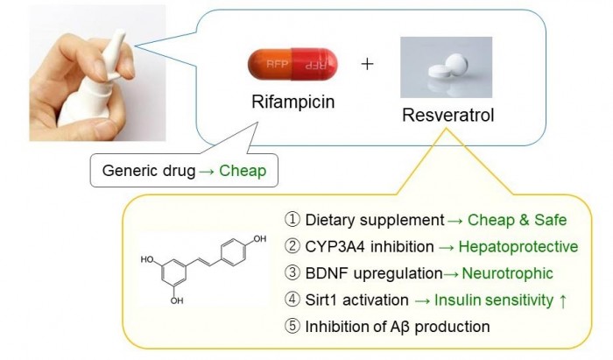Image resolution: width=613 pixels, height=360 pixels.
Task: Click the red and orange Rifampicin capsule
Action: [x=293, y=64]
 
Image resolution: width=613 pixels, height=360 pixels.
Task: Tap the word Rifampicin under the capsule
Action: [x=292, y=102]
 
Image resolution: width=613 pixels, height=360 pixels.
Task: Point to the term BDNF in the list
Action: [x=323, y=274]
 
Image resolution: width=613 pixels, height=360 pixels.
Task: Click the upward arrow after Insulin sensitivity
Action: [x=562, y=301]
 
